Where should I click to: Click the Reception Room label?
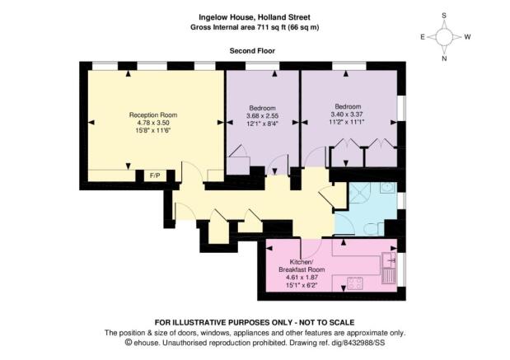point(153,115)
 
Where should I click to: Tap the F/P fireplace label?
point(155,176)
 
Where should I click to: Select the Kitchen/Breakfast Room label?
point(302,266)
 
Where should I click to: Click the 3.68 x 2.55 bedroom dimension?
point(263,116)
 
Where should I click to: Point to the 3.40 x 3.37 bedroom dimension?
point(347,115)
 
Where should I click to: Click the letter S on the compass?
point(444,16)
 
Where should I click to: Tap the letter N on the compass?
point(444,58)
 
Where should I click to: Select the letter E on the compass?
point(423,37)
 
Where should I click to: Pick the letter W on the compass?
point(467,37)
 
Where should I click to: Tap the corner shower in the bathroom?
point(359,192)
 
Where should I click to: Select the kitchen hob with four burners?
point(355,283)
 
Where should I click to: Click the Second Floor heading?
point(252,51)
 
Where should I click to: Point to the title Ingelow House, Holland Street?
point(255,17)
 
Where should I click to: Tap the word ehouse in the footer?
point(147,343)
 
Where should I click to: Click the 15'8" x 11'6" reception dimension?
point(153,130)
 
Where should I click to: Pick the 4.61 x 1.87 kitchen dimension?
point(302,278)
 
